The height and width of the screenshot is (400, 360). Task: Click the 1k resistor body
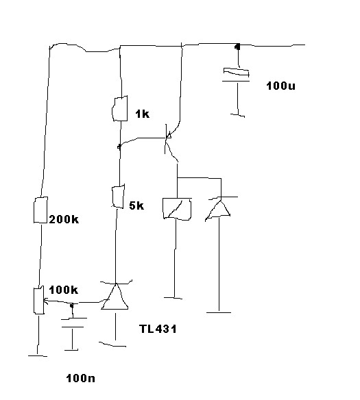tap(120, 108)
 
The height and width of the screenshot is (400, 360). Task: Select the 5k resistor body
tap(118, 197)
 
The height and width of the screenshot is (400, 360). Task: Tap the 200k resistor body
tap(40, 210)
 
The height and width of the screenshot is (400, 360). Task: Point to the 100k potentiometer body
tap(39, 301)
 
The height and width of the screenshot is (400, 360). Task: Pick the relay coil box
tap(177, 209)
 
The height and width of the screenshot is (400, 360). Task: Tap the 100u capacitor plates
tap(236, 75)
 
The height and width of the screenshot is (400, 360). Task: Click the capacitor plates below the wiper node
tap(73, 323)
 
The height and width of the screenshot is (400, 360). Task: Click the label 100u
tap(280, 86)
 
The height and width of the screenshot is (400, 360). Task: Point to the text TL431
tap(158, 329)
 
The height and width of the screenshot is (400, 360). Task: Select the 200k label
tap(64, 219)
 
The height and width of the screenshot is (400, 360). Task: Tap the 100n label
tap(81, 378)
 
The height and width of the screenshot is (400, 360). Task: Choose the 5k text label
tap(136, 205)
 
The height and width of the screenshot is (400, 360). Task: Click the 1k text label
tap(143, 114)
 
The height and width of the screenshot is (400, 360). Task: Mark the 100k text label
tap(64, 290)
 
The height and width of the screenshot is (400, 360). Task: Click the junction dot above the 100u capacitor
tap(238, 47)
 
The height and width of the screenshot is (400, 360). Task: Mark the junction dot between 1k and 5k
tap(119, 147)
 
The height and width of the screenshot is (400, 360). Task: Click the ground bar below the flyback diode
tap(219, 312)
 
